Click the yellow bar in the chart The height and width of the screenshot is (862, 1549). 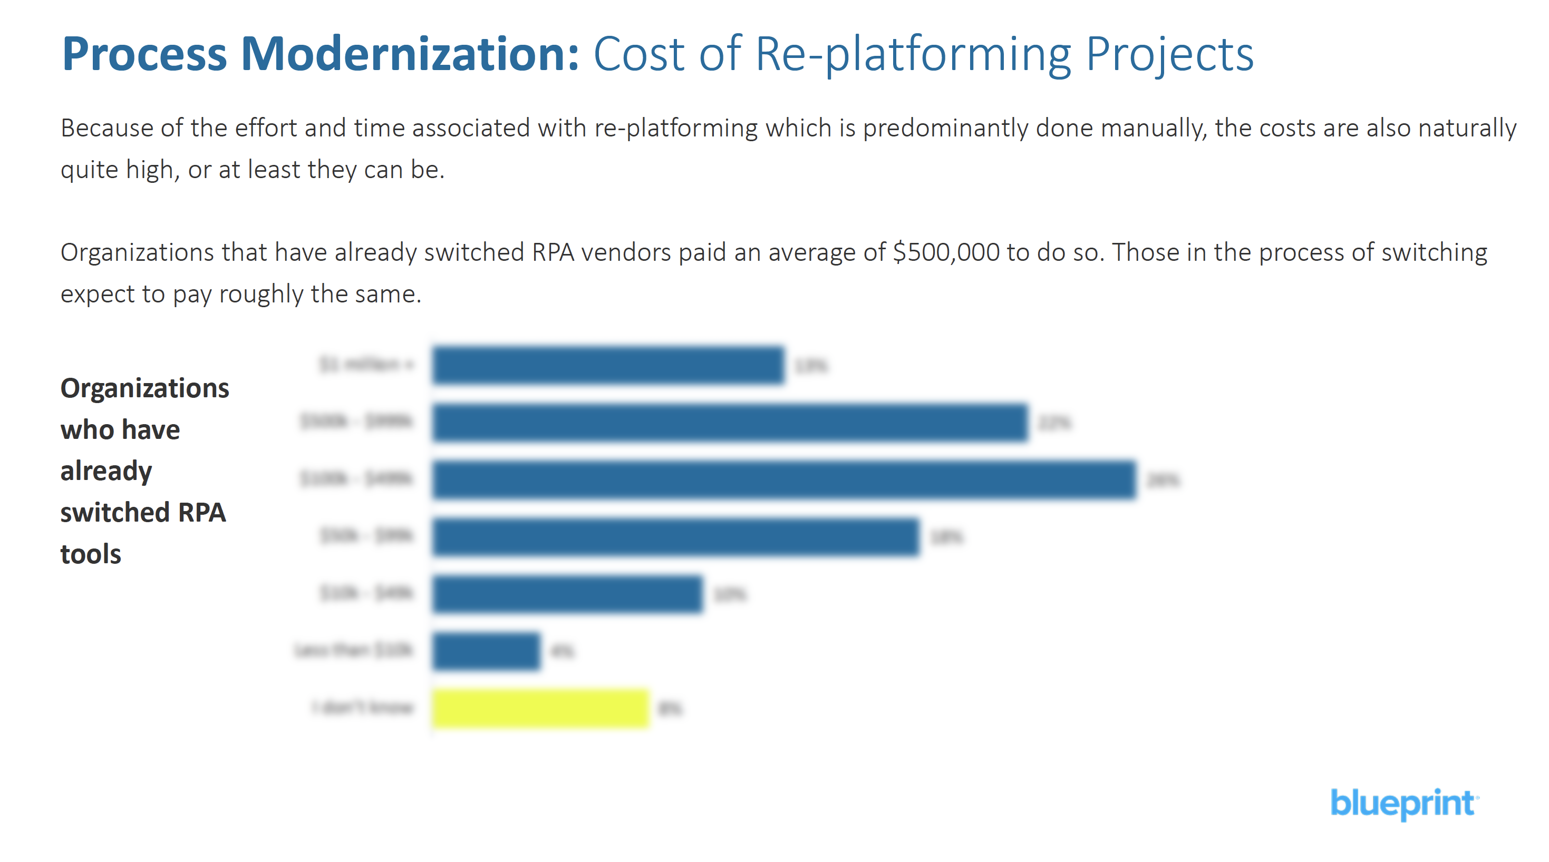pyautogui.click(x=540, y=708)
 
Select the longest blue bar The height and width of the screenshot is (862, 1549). pyautogui.click(x=783, y=479)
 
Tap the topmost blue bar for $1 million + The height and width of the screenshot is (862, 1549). pyautogui.click(x=608, y=365)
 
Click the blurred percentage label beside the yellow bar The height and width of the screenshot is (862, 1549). pyautogui.click(x=670, y=709)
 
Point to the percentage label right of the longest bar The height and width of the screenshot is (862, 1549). pyautogui.click(x=1163, y=479)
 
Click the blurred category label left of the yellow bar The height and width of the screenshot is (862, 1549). pyautogui.click(x=363, y=708)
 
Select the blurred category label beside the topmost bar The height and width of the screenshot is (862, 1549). pyautogui.click(x=366, y=364)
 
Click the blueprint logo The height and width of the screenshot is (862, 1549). pyautogui.click(x=1403, y=803)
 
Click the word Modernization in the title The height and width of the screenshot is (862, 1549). pyautogui.click(x=410, y=54)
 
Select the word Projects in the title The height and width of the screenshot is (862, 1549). pyautogui.click(x=1169, y=54)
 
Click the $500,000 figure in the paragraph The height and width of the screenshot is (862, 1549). pyautogui.click(x=946, y=252)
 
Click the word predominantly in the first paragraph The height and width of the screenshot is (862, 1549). pyautogui.click(x=945, y=128)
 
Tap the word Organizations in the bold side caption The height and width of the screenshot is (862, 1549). pyautogui.click(x=144, y=388)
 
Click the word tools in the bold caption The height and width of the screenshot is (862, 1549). pyautogui.click(x=91, y=554)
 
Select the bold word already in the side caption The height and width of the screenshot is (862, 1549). pyautogui.click(x=106, y=471)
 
